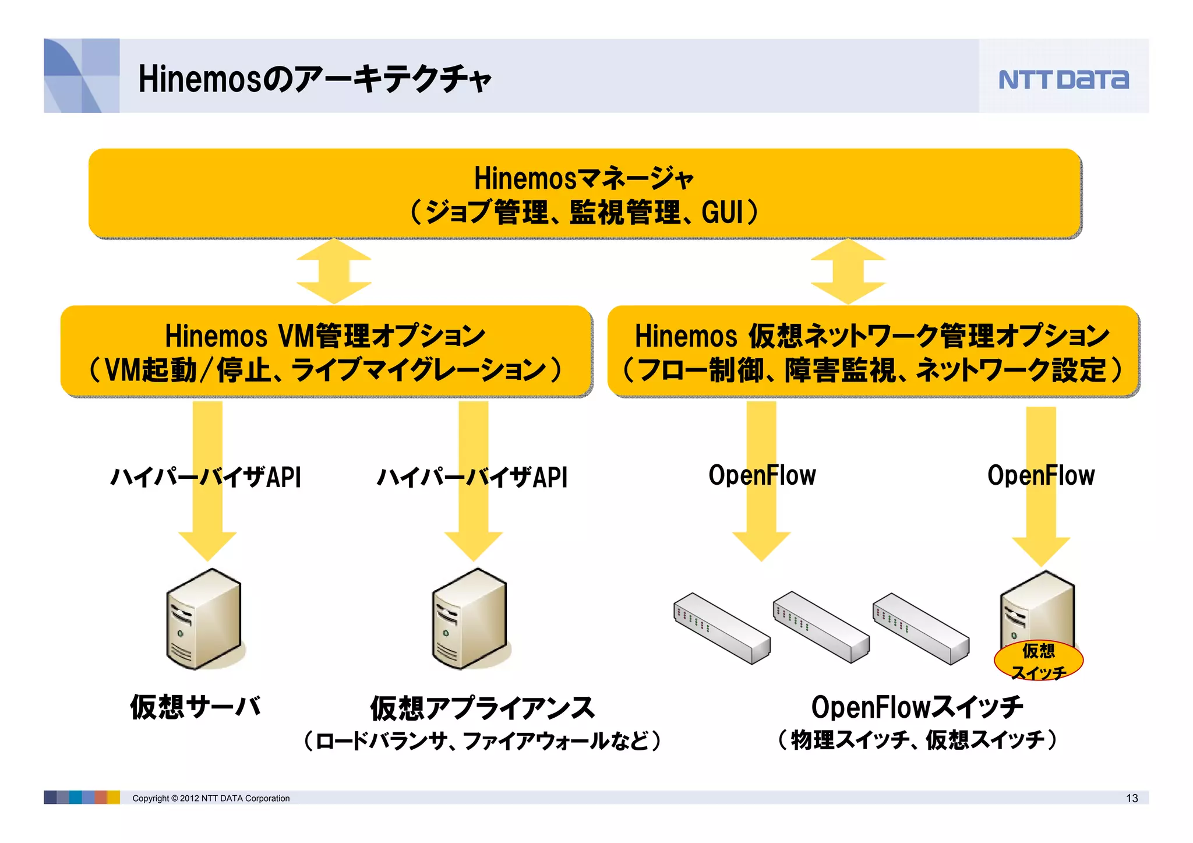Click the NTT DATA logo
click(x=1063, y=79)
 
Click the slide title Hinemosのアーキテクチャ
click(x=315, y=79)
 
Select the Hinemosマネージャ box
click(x=584, y=193)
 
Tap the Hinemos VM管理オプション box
click(x=326, y=351)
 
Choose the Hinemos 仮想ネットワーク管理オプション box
click(x=873, y=351)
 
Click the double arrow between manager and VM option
click(x=334, y=271)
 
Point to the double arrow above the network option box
click(x=848, y=271)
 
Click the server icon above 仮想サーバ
click(x=203, y=619)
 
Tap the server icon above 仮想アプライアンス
click(x=470, y=619)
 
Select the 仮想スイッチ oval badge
click(x=1038, y=661)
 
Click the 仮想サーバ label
click(x=195, y=707)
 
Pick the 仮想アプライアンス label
click(x=482, y=708)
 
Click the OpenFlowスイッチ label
click(x=916, y=707)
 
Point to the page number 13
click(x=1131, y=798)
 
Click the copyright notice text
click(x=211, y=798)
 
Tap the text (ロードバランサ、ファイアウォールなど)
click(x=482, y=740)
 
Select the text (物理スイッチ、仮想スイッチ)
click(x=917, y=740)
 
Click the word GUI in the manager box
click(x=722, y=212)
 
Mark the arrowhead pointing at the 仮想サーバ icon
click(x=207, y=546)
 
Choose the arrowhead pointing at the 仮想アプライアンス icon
click(x=473, y=546)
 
